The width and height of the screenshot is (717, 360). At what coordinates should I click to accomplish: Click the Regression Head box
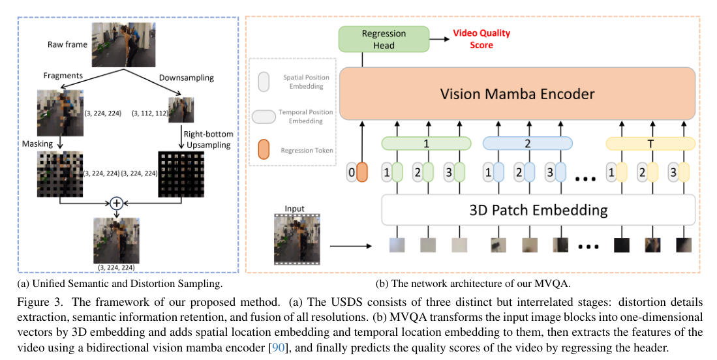pyautogui.click(x=384, y=39)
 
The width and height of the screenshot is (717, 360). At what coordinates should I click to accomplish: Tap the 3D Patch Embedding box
pyautogui.click(x=538, y=211)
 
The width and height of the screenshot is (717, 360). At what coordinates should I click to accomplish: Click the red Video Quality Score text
pyautogui.click(x=482, y=39)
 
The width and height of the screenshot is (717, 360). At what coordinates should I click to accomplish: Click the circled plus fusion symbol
pyautogui.click(x=117, y=203)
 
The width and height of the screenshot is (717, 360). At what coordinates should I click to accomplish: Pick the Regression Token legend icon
pyautogui.click(x=264, y=150)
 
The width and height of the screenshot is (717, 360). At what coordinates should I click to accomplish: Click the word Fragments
pyautogui.click(x=63, y=76)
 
